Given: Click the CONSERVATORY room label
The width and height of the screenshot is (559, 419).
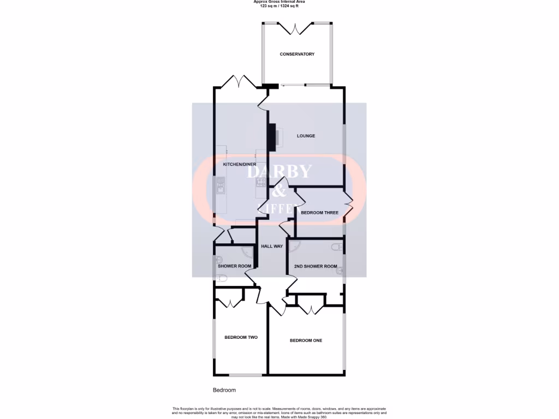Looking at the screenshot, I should (x=297, y=54).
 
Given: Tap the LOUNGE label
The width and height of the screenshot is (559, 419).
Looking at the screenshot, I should (x=306, y=136).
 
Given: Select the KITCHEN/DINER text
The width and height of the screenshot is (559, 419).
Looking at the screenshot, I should (x=240, y=164).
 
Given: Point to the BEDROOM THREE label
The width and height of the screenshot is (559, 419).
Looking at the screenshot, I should (x=319, y=213).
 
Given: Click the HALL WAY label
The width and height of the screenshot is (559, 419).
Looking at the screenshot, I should (x=272, y=247).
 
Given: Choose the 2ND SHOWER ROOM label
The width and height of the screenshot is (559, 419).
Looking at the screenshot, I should (x=316, y=266).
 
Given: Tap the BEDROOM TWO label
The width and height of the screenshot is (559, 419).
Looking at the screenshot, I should (x=241, y=337).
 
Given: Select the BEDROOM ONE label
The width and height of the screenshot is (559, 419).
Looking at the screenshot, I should (x=306, y=340).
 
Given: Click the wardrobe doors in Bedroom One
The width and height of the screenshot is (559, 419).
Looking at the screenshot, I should (x=311, y=309).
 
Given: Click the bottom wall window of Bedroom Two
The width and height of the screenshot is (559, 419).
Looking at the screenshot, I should (x=245, y=375).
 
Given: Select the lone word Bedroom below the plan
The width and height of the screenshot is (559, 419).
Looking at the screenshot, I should (x=224, y=390).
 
